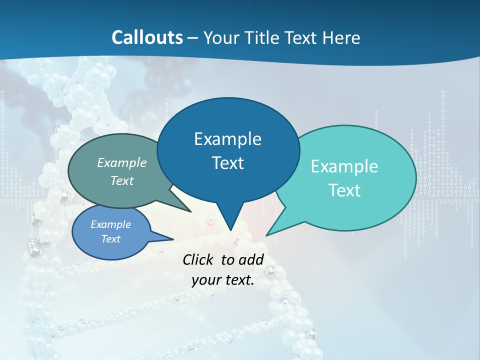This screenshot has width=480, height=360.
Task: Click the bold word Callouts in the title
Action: (x=147, y=37)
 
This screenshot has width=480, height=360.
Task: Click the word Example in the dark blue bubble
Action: (x=227, y=139)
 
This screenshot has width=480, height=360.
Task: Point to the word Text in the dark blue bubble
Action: (x=227, y=163)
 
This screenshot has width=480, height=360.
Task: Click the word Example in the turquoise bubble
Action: (x=344, y=166)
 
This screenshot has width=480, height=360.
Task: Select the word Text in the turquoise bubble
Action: (x=344, y=190)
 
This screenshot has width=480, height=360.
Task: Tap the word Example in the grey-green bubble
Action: (x=122, y=163)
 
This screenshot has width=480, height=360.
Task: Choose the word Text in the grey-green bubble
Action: (x=122, y=180)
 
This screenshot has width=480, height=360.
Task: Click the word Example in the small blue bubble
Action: (x=110, y=224)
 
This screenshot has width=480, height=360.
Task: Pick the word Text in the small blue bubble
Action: (x=110, y=239)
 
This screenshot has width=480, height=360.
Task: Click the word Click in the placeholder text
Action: (x=199, y=259)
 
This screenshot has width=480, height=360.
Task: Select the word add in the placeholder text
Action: (x=251, y=259)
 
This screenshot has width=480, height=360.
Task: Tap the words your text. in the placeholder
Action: (x=223, y=280)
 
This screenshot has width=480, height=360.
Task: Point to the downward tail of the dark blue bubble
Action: (x=230, y=222)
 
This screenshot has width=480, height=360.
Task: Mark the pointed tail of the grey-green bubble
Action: (x=182, y=206)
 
